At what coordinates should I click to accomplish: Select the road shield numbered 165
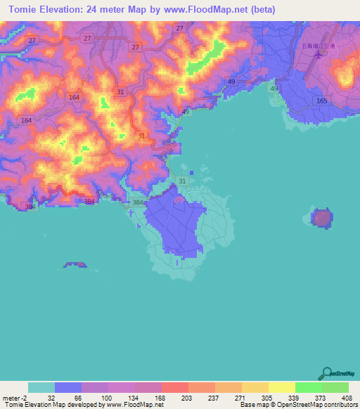(322, 101)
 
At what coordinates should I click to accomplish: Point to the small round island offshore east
(321, 219)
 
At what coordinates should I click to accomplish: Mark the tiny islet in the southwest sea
(75, 265)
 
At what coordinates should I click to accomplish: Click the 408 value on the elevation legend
(346, 377)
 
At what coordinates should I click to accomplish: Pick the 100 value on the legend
(105, 377)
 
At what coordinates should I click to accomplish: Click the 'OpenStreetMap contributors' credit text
(323, 405)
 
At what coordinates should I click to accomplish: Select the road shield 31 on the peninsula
(183, 181)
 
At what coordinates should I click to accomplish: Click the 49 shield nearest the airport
(274, 89)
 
